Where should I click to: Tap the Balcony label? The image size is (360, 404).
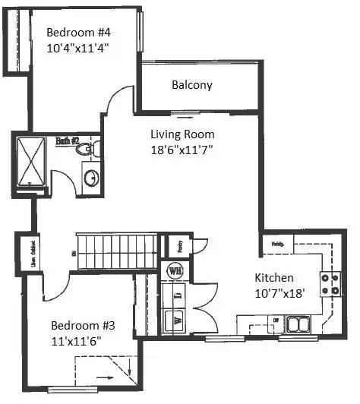[x=191, y=85]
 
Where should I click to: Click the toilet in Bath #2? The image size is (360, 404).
[x=90, y=150]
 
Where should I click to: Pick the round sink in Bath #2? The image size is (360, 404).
[x=91, y=178]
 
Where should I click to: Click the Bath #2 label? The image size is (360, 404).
[x=68, y=140]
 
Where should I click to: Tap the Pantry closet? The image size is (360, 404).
[x=179, y=245]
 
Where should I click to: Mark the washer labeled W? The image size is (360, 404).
[x=174, y=320]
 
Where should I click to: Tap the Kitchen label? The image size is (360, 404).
[x=274, y=278]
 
